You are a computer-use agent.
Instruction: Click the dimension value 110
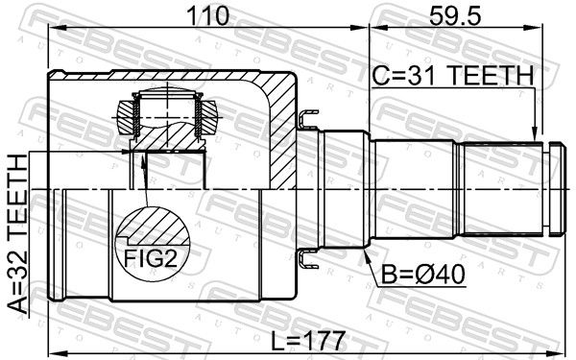click(x=208, y=15)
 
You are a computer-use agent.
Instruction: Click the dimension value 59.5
click(x=455, y=15)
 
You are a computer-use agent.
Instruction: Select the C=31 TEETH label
click(x=452, y=75)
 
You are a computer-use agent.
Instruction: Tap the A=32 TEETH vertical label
click(x=17, y=234)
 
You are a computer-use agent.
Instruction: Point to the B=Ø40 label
click(x=422, y=274)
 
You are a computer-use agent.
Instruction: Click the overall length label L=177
click(x=308, y=341)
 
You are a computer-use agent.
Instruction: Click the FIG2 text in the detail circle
click(x=151, y=258)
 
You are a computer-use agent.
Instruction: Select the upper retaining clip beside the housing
click(x=308, y=118)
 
